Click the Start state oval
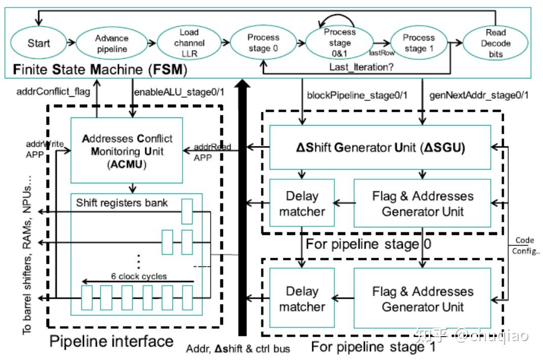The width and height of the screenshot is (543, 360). pyautogui.click(x=39, y=43)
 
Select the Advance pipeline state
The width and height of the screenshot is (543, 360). pyautogui.click(x=111, y=44)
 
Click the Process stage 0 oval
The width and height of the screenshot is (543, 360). pyautogui.click(x=263, y=44)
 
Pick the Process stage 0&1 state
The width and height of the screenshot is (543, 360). pyautogui.click(x=340, y=44)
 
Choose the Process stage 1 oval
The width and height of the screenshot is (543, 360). pyautogui.click(x=419, y=44)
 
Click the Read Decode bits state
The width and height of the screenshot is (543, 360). pyautogui.click(x=495, y=44)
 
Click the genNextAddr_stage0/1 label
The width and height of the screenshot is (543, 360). pyautogui.click(x=478, y=94)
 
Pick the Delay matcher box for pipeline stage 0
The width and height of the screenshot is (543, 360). pyautogui.click(x=302, y=203)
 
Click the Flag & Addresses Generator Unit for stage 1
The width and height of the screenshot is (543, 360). pyautogui.click(x=423, y=298)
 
